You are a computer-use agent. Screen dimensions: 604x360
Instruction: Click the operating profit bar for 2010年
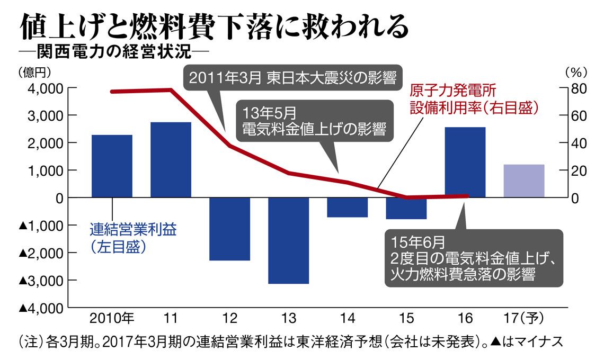(112, 166)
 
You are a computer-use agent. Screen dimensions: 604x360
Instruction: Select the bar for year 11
(171, 160)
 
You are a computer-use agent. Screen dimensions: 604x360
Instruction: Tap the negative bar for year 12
(229, 229)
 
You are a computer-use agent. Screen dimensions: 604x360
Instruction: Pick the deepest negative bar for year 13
(289, 241)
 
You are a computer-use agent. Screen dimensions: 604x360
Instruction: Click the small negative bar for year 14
(348, 208)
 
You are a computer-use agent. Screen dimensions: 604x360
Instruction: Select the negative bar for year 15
(406, 208)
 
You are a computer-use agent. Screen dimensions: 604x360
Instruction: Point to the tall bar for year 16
(465, 162)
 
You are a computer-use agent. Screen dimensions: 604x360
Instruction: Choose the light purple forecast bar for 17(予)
(525, 181)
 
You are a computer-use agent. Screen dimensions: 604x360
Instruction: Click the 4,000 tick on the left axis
(46, 88)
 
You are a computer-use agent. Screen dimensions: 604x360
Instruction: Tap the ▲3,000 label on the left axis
(41, 281)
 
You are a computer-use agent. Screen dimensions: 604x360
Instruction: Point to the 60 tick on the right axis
(579, 116)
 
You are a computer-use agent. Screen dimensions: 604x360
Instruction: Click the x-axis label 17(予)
(524, 318)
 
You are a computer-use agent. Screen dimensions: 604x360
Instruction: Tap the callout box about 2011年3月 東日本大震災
(293, 78)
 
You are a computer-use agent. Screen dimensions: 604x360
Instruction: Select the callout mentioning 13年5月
(315, 121)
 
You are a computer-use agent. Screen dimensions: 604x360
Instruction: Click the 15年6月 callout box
(474, 258)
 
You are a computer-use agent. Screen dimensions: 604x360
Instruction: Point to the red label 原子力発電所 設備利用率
(474, 99)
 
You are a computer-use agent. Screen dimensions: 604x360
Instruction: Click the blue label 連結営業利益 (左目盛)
(134, 238)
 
